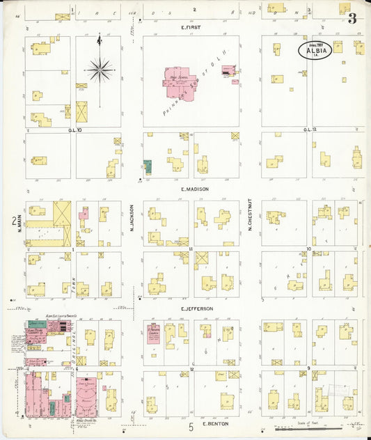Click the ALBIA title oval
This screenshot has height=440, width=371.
(x=315, y=49)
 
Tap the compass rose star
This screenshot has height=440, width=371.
(x=100, y=70)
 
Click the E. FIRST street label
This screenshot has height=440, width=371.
(x=191, y=27)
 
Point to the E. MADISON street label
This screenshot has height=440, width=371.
(x=195, y=189)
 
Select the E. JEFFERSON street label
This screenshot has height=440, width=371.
(x=197, y=308)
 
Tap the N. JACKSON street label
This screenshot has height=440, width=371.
(x=132, y=217)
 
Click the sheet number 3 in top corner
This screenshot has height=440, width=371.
(x=353, y=18)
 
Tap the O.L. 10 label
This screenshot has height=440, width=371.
(x=75, y=129)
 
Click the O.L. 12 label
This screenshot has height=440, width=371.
(x=310, y=129)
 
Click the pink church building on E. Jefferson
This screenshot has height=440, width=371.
(x=152, y=333)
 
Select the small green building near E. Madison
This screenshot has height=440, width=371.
(x=148, y=167)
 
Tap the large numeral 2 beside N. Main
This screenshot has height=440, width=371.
(x=13, y=221)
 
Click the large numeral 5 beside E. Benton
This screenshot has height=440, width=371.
(x=191, y=426)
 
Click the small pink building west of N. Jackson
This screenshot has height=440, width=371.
(x=84, y=214)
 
